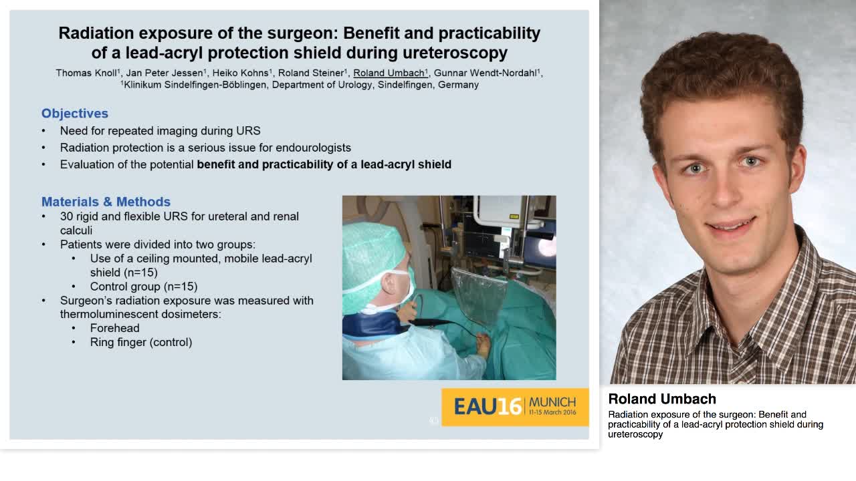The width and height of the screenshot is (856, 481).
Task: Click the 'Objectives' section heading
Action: coord(75,114)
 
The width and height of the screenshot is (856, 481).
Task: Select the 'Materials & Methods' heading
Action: coord(106,202)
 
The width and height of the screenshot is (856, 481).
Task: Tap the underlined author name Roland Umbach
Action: coord(389,73)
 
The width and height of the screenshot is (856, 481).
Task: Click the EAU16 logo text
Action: coord(488,406)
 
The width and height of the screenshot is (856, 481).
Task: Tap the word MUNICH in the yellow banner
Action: coord(552,402)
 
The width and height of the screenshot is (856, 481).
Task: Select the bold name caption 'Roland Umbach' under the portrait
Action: coord(662,399)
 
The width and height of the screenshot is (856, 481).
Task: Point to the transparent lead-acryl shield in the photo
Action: coord(479,294)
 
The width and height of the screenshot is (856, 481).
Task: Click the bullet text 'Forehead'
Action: coord(115,328)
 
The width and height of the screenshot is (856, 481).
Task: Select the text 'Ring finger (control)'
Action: coord(141,342)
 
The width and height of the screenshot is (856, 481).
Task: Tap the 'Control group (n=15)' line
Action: coord(144,287)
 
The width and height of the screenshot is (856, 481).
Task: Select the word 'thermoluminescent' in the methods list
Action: coord(103,314)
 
